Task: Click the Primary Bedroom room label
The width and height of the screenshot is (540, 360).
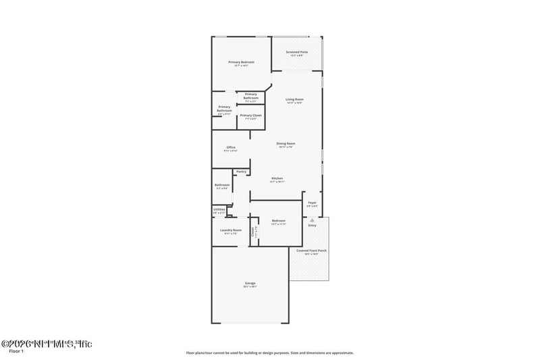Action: (x=241, y=62)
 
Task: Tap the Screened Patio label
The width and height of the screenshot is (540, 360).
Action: (x=297, y=52)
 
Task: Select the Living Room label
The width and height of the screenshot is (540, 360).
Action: (x=294, y=99)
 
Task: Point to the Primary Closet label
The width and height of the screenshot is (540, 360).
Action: (x=250, y=115)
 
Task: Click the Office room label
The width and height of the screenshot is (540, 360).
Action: (x=230, y=147)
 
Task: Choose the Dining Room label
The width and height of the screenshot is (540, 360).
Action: (x=286, y=143)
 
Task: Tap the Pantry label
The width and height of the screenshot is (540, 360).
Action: (x=241, y=172)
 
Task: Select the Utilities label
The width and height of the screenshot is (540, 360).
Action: (x=219, y=209)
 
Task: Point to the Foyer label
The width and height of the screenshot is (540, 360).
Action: (x=312, y=203)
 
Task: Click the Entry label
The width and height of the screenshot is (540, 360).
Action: (x=312, y=225)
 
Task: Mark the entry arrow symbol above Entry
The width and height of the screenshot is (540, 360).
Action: (x=312, y=220)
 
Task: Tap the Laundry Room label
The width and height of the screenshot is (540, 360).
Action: (x=230, y=230)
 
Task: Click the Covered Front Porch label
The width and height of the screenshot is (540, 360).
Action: (x=311, y=251)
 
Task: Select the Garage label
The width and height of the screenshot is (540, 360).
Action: (x=250, y=283)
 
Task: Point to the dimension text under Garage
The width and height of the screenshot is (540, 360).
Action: (x=250, y=287)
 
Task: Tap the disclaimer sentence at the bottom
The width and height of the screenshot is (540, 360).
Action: (x=269, y=352)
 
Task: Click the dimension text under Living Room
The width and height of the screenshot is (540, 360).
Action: (x=294, y=103)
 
